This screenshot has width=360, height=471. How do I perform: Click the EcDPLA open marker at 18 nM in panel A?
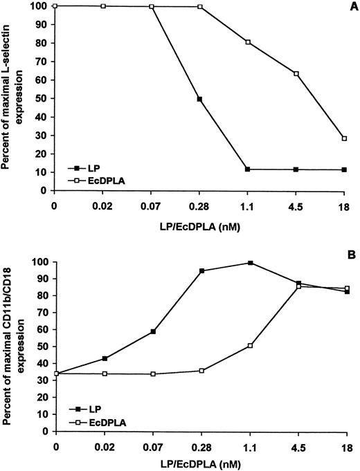[344, 138]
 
